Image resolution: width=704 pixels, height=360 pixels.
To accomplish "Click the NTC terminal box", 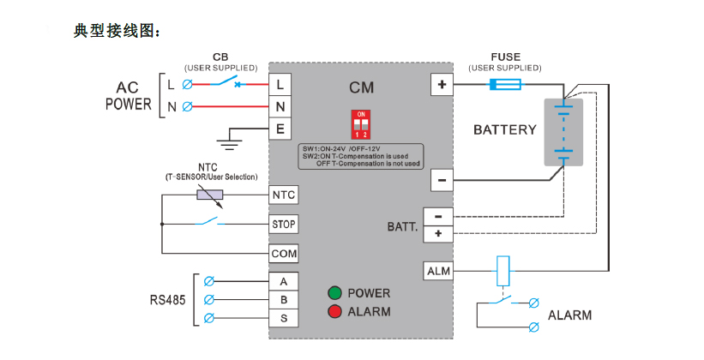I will pos(284,195).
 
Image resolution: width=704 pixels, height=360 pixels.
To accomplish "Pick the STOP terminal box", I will pos(284,225).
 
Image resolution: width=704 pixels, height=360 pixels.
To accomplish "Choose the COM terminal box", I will pos(284,255).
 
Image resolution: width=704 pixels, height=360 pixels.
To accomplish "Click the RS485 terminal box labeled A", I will pos(284,280).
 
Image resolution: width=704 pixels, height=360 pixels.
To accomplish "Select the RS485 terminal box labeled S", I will pos(284,319).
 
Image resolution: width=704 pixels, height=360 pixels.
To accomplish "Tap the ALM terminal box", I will pos(438,272).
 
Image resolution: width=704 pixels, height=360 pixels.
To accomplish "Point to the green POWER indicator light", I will pos(334,292).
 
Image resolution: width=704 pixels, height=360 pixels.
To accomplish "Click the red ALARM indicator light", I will pos(334,311).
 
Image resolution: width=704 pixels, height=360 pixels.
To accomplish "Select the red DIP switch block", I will pos(362,124).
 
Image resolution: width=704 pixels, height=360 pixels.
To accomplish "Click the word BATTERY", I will pos(505,130).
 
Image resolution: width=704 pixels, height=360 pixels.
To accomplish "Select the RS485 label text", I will pos(167,300).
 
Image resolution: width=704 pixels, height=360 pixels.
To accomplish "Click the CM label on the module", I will pos(361,88).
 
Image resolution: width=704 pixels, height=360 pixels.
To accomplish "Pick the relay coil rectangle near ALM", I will pos(504,272).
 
